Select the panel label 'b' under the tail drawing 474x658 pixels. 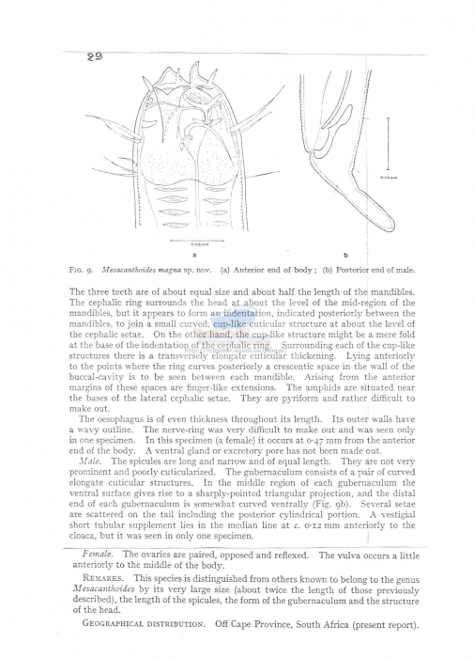tap(345, 255)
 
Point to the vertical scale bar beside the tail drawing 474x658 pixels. tap(386, 154)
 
